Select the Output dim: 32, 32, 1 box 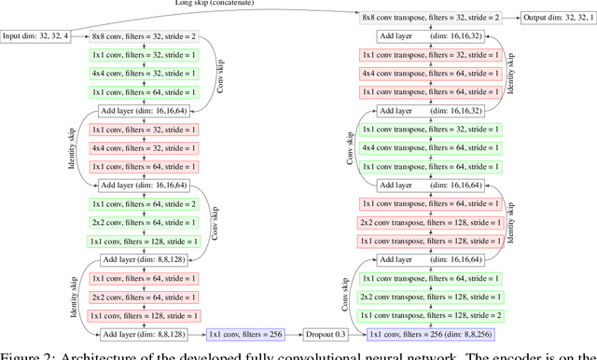pyautogui.click(x=557, y=18)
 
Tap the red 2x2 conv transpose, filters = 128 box pyautogui.click(x=430, y=222)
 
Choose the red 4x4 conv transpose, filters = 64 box pyautogui.click(x=430, y=73)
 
